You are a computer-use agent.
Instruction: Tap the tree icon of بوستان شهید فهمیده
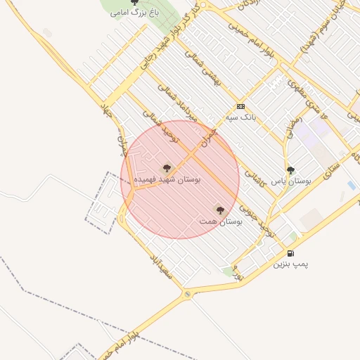[167, 168]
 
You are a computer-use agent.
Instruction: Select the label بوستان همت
[220, 221]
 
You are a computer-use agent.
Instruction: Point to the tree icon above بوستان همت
[220, 210]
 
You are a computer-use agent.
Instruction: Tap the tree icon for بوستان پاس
[290, 170]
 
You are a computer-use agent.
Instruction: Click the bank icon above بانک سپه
[241, 107]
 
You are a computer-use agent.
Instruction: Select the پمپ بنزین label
[290, 264]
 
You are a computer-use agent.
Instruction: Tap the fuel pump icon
[290, 253]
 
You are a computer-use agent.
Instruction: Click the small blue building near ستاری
[351, 186]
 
